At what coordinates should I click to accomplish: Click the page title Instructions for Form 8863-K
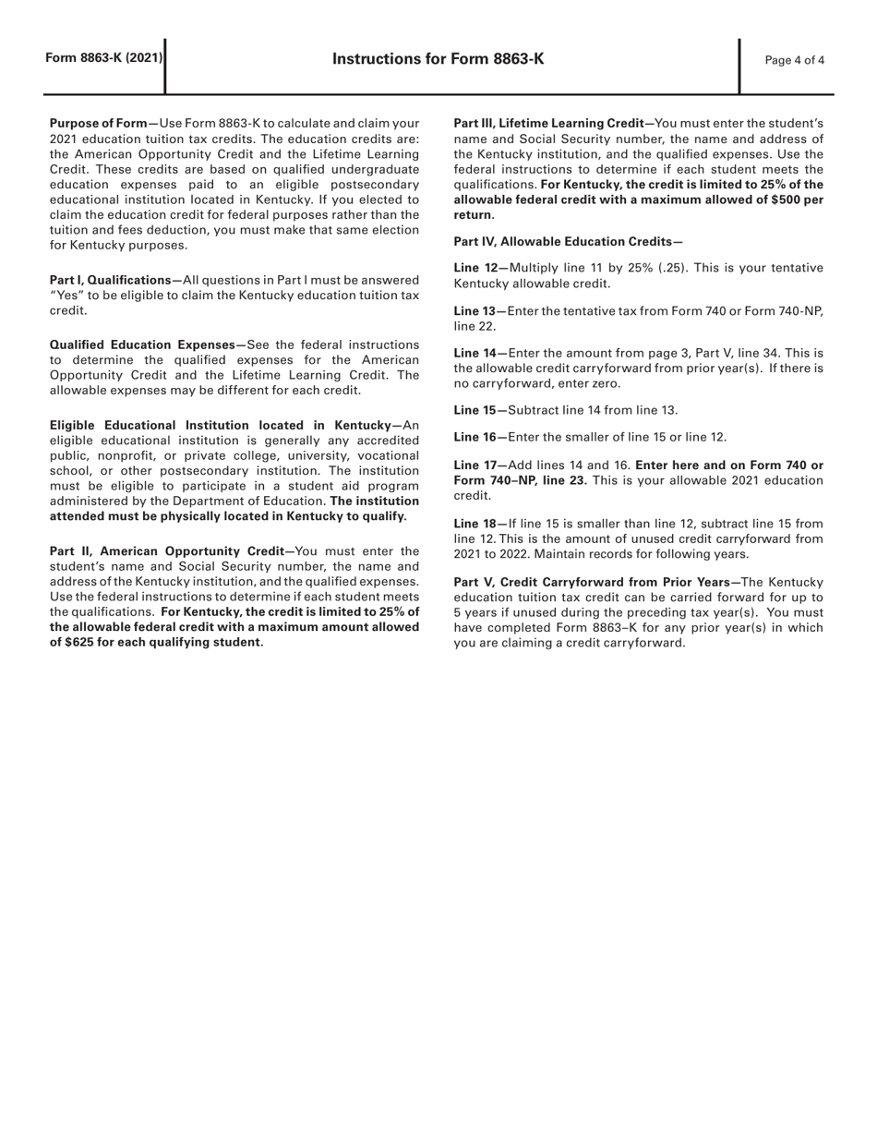coord(438,59)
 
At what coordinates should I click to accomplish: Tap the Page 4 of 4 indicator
coord(795,61)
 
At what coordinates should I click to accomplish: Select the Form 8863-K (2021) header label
coord(104,58)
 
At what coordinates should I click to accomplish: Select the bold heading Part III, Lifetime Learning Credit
coord(551,123)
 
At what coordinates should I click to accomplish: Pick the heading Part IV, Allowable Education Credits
coord(568,242)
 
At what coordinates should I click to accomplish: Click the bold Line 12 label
coord(476,268)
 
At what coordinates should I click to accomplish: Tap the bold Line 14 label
coord(476,353)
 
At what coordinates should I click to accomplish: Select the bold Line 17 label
coord(476,465)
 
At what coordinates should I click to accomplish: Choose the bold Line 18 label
coord(476,524)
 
